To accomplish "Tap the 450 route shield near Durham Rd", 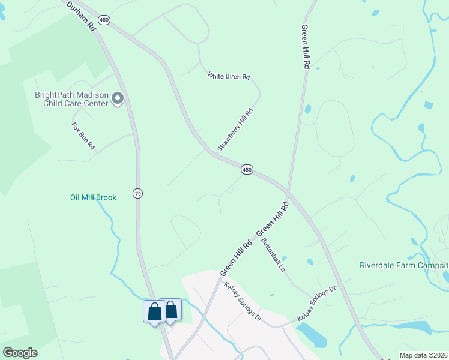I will pyautogui.click(x=105, y=20).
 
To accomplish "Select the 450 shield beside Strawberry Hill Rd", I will pyautogui.click(x=247, y=170).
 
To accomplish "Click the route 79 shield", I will pyautogui.click(x=138, y=193).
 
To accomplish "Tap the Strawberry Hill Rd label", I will pyautogui.click(x=235, y=130).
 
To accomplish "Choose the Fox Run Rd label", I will pyautogui.click(x=83, y=136).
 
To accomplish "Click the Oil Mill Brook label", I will pyautogui.click(x=93, y=197).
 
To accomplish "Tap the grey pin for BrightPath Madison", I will pyautogui.click(x=118, y=98).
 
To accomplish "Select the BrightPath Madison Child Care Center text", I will pyautogui.click(x=71, y=99).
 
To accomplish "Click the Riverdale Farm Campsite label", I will pyautogui.click(x=403, y=265).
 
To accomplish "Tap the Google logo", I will pyautogui.click(x=19, y=353).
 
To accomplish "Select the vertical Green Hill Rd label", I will pyautogui.click(x=305, y=47).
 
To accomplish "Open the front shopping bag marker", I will pyautogui.click(x=154, y=312).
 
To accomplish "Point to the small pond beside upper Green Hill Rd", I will pyautogui.click(x=307, y=110).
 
